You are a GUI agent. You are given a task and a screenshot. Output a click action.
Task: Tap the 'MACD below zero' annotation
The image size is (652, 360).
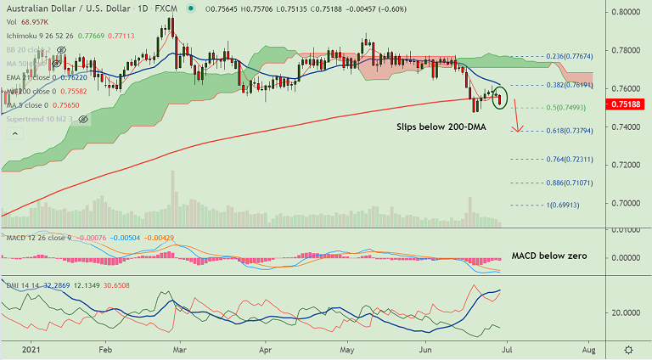548,255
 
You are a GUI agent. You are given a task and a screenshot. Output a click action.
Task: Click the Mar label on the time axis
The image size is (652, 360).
180,349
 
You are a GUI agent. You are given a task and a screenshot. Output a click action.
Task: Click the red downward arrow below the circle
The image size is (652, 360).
517,120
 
